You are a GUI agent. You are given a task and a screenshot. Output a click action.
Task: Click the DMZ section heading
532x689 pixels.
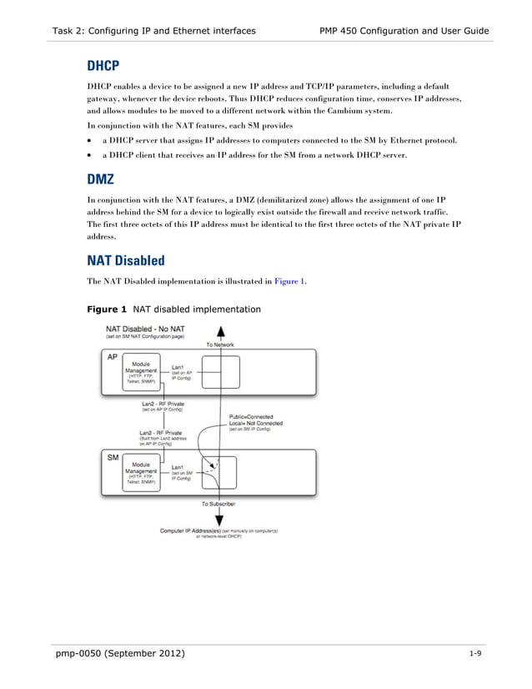coord(101,179)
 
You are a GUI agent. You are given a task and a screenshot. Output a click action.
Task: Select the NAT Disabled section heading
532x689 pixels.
coord(126,260)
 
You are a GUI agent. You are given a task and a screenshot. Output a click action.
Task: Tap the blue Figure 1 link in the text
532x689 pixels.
coord(290,281)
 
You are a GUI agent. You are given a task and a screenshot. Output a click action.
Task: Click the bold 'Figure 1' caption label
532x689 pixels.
coord(108,309)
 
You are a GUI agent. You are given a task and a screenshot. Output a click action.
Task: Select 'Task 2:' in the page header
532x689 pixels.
coord(70,31)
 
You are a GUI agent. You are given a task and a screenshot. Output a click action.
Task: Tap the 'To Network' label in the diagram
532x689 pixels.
coord(219,344)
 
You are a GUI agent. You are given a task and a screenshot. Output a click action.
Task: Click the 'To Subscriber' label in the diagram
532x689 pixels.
coord(218,504)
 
